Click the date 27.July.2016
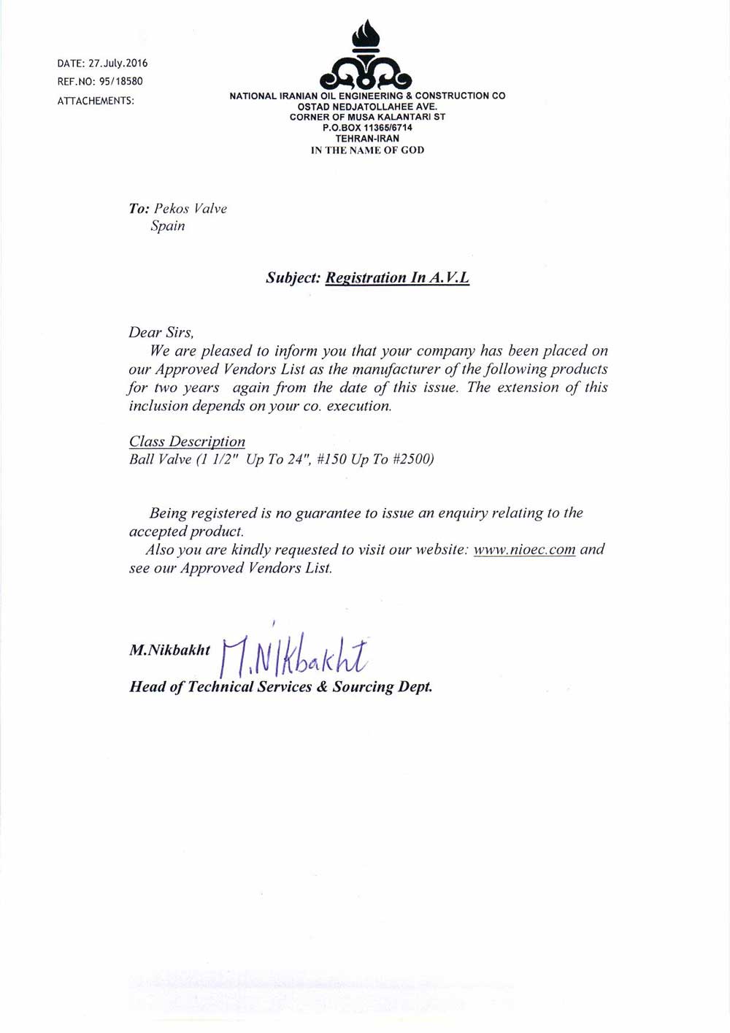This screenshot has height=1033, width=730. (118, 64)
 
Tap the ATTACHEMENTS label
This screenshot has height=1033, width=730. (96, 101)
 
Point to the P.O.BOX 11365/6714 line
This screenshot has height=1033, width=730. (367, 128)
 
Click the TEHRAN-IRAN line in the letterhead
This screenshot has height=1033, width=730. (367, 139)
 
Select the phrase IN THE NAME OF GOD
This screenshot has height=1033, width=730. (367, 150)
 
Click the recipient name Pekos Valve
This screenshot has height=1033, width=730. (191, 209)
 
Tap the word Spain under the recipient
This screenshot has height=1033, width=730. (168, 226)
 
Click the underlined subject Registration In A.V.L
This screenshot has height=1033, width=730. (397, 278)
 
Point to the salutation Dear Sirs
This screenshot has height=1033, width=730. (161, 333)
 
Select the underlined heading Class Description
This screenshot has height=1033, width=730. (187, 442)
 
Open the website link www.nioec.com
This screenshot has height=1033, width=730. (524, 550)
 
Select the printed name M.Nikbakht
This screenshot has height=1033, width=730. (169, 650)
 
